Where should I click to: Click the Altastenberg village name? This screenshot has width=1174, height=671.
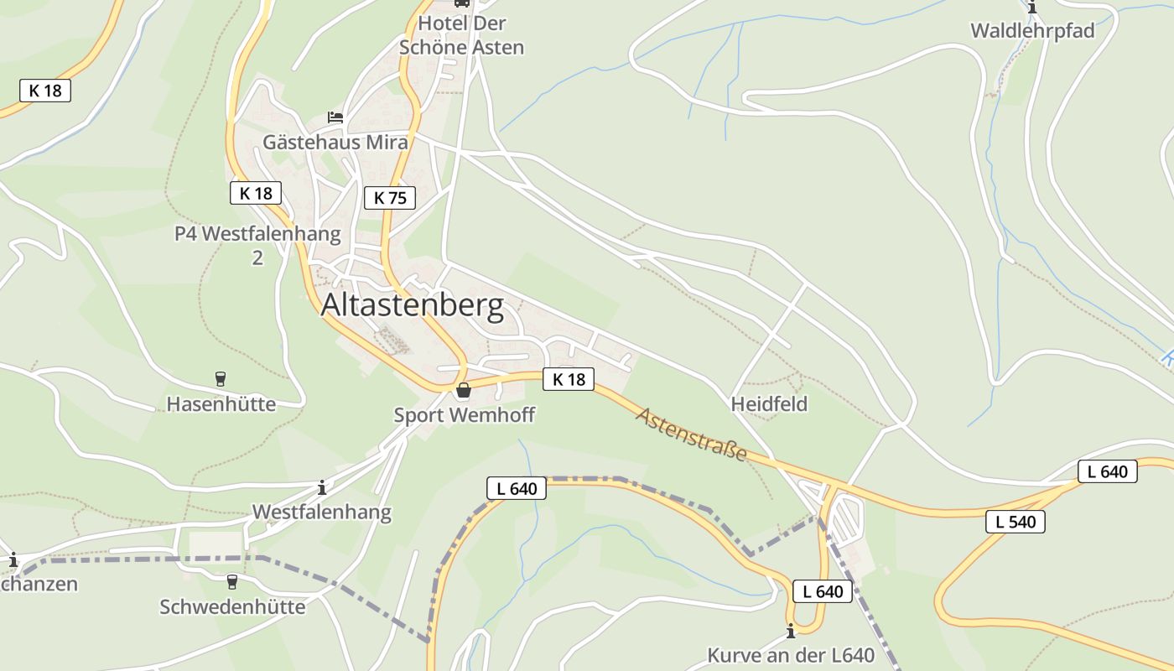click(412, 306)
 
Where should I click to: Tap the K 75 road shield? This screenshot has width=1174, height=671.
click(390, 198)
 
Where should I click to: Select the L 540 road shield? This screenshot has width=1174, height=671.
click(1016, 522)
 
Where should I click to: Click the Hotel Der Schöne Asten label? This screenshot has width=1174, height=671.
click(461, 35)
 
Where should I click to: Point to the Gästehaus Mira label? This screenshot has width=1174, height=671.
click(335, 143)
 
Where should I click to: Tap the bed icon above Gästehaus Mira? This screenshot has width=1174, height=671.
click(335, 117)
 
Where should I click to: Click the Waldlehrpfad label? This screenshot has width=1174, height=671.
click(1032, 31)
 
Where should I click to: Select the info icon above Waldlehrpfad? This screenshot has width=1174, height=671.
click(1032, 8)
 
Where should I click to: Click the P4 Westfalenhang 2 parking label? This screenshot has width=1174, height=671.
click(257, 245)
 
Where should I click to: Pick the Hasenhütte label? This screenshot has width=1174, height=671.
click(221, 404)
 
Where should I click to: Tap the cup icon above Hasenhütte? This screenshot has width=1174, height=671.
click(221, 379)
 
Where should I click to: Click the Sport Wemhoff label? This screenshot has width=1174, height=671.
click(464, 415)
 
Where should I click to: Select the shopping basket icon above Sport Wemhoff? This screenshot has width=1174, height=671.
click(464, 390)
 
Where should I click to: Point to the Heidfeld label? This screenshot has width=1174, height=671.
click(769, 404)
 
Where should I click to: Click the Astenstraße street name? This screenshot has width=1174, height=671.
click(692, 434)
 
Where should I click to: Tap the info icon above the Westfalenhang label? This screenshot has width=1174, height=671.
click(322, 487)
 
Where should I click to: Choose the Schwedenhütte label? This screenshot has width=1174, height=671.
click(232, 606)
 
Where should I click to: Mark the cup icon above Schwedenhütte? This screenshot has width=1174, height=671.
click(232, 581)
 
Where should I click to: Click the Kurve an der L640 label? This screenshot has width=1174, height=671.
click(790, 655)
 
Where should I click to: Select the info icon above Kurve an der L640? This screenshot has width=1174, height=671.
click(790, 631)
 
